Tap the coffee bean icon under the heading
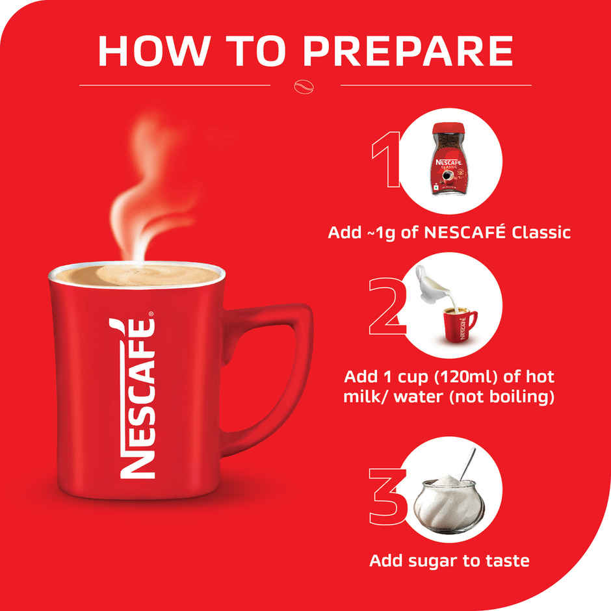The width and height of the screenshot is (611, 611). [305, 85]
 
